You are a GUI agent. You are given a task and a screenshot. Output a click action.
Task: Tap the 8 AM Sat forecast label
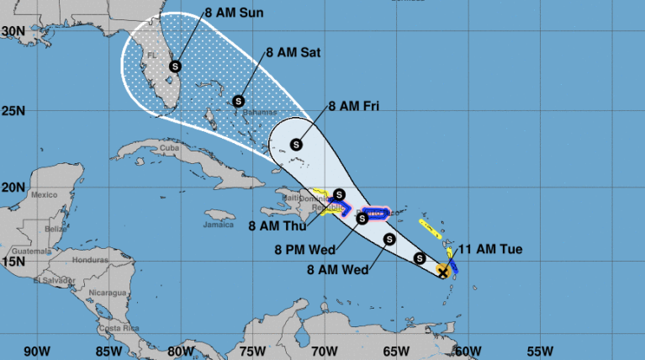[x=293, y=52]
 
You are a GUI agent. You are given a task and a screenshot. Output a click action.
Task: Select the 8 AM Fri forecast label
[x=353, y=107]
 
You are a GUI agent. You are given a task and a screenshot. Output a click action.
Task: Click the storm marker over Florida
[x=175, y=66]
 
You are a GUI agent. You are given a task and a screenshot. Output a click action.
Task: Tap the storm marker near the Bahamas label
[x=238, y=102]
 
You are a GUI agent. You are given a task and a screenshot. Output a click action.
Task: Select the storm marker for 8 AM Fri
[x=296, y=144]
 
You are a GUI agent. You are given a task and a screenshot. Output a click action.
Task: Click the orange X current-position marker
[x=443, y=271]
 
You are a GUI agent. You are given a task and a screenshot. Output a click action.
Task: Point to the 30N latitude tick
[x=13, y=31]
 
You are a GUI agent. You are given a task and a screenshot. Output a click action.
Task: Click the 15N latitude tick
[x=13, y=262]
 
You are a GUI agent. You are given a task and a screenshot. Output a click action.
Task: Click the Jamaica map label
[x=218, y=225]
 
